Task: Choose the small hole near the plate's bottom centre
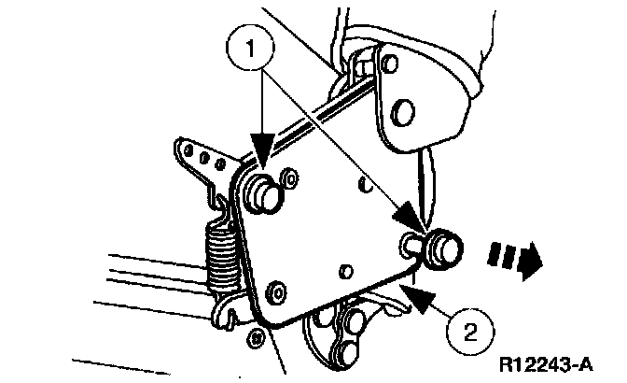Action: (x=344, y=271)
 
